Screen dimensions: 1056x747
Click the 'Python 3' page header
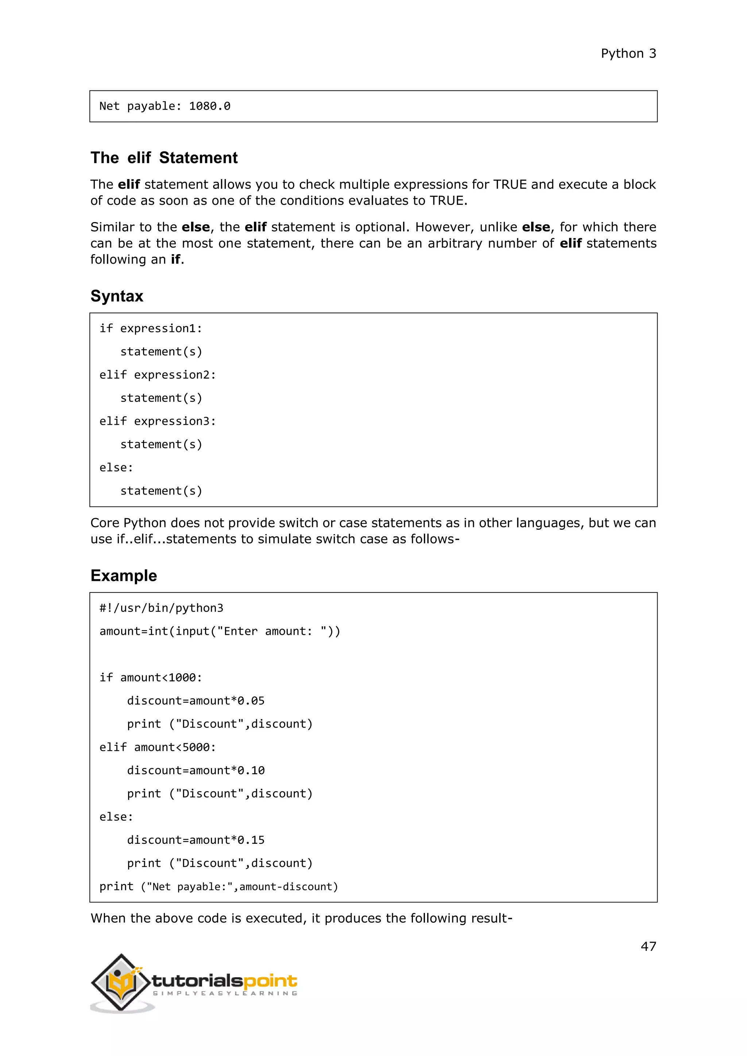point(628,54)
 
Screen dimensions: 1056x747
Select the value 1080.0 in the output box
point(209,106)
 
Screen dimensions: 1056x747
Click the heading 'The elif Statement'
point(164,158)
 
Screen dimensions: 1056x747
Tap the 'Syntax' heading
point(117,296)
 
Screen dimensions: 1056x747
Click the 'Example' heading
point(123,575)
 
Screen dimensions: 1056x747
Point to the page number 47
point(648,946)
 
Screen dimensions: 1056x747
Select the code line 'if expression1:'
point(150,329)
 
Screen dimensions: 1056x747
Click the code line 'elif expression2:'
point(157,375)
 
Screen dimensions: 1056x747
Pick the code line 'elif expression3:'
point(157,421)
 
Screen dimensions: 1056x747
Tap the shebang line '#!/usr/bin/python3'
point(161,608)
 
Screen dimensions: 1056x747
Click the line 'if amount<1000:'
point(150,678)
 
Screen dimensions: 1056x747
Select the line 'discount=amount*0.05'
point(196,701)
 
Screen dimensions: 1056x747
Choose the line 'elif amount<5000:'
point(157,748)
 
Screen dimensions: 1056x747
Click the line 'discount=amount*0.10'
point(196,770)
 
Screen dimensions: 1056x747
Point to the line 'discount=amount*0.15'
point(196,840)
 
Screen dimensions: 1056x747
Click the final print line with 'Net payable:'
point(218,887)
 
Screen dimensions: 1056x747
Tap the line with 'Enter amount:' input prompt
point(220,632)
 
